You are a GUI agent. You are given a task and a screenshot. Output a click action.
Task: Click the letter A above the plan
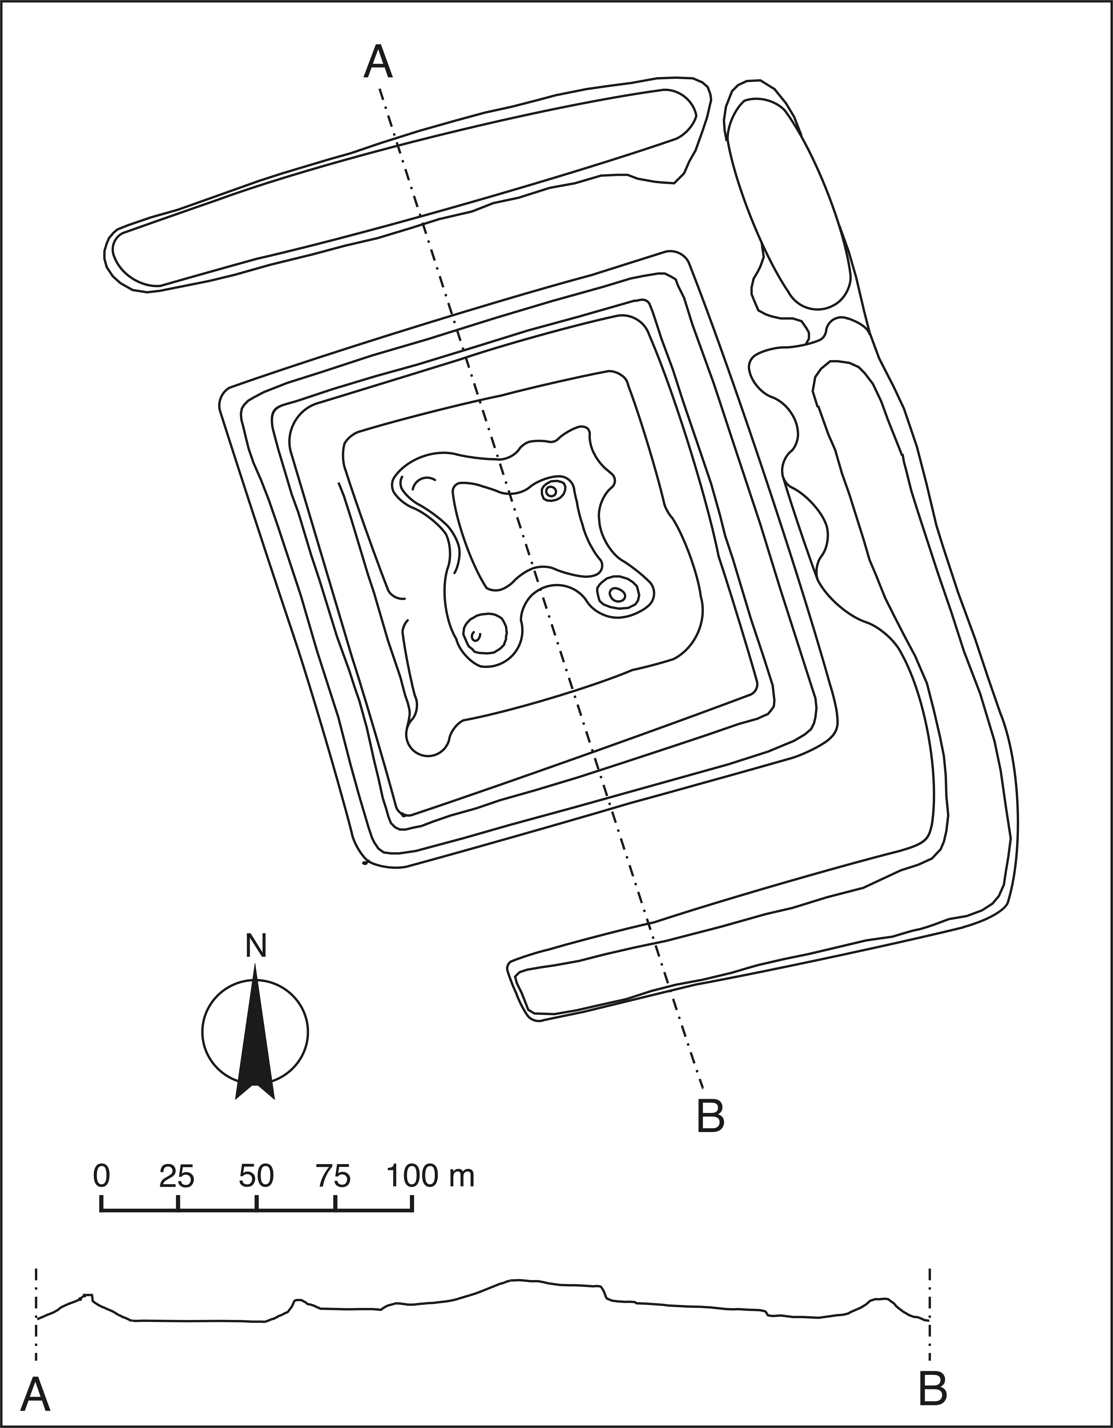378,62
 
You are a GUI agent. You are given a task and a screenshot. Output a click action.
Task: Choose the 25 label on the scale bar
177,1176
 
